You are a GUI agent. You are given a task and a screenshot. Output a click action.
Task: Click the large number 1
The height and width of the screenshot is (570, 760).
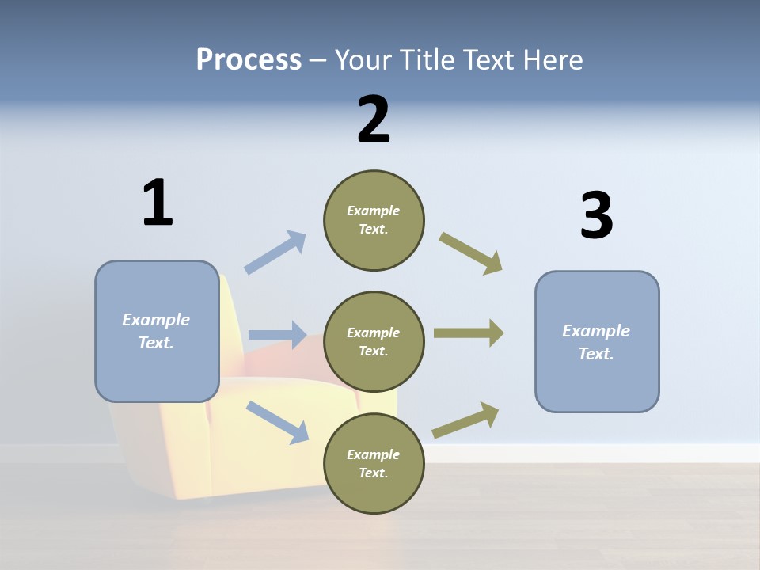[x=158, y=203]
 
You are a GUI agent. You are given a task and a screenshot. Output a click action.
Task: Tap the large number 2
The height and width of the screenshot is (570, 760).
[x=374, y=120]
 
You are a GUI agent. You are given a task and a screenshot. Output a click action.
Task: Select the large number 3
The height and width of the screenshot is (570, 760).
[x=596, y=215]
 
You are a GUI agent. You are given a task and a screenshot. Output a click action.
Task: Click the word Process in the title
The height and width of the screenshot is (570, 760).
[x=249, y=59]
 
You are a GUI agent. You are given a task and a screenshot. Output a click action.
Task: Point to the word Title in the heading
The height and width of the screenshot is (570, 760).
[x=426, y=59]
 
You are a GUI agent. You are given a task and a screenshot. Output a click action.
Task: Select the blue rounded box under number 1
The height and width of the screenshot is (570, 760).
[x=157, y=331]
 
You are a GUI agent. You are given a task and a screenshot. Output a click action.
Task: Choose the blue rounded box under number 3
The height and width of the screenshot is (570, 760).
[x=597, y=341]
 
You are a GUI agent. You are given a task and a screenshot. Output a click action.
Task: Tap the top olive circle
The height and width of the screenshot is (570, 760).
[x=374, y=220]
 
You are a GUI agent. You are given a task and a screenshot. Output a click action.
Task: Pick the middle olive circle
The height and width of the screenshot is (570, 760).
[x=374, y=341]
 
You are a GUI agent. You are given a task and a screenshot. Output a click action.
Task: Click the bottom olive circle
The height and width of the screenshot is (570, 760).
[x=374, y=463]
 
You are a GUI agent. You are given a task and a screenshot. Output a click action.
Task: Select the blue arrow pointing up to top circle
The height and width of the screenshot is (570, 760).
[x=275, y=252]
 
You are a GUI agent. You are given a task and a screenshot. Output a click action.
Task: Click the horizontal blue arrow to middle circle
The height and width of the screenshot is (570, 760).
[x=276, y=335]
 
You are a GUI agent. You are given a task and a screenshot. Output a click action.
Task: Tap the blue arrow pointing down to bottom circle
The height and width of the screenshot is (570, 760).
[x=277, y=422]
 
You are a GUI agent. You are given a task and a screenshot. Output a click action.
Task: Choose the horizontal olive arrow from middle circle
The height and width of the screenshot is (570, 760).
[x=468, y=333]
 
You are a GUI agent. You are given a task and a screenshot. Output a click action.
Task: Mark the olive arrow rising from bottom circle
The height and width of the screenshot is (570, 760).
[x=465, y=420]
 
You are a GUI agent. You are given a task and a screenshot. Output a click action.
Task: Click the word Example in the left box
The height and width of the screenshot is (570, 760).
[x=156, y=320]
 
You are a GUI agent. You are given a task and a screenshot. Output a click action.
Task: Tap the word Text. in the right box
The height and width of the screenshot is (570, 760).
[x=596, y=354]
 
